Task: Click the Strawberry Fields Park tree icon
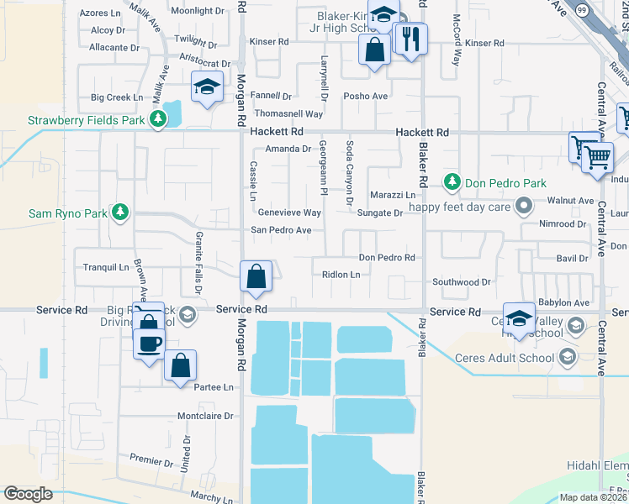coord(157,120)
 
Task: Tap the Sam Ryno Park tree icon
coord(121,213)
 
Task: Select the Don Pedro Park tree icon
coord(452,182)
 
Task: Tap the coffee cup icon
coord(149,343)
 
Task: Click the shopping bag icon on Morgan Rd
coord(256,276)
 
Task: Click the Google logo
coord(28,494)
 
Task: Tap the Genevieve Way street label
coord(289,213)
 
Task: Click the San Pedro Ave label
coord(282,230)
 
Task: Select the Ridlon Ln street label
coord(341,275)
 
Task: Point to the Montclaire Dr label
coord(205,417)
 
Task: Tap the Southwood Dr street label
coord(461,282)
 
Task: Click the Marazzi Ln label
coord(393,195)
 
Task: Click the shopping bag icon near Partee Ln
coord(180,365)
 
